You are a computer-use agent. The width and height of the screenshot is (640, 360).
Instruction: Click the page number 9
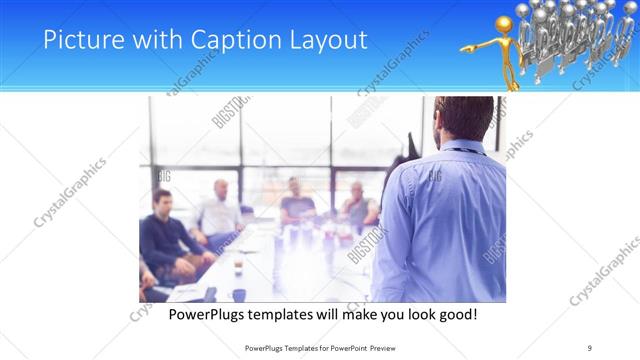589,348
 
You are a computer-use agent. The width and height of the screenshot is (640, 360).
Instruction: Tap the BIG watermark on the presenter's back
434,177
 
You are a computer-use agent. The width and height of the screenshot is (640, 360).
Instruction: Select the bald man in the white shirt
219,210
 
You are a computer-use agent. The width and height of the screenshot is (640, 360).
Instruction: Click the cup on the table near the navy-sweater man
238,266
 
